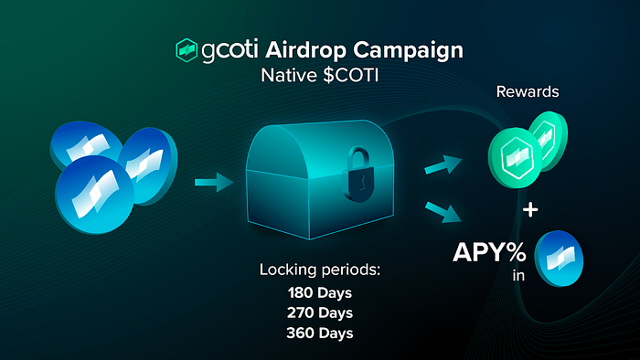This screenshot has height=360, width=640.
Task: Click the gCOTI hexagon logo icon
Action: (187, 50)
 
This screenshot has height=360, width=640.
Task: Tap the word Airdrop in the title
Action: (306, 51)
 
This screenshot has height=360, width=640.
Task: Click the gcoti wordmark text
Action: (229, 51)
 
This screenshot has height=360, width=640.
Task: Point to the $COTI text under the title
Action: (350, 76)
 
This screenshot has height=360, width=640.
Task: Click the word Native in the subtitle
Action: (289, 76)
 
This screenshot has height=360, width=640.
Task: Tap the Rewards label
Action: (528, 91)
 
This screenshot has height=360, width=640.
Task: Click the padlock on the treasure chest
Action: (359, 175)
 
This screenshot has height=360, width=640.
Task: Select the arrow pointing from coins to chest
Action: (214, 182)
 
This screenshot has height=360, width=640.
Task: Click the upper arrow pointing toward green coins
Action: (443, 164)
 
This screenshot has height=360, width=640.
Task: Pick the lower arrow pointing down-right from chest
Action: (443, 212)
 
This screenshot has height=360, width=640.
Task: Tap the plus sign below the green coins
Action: (530, 210)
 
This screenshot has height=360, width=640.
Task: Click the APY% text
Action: (489, 252)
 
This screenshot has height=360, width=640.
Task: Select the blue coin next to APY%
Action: (559, 259)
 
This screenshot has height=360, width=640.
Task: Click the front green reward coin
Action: (515, 158)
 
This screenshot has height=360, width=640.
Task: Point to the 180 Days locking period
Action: (320, 292)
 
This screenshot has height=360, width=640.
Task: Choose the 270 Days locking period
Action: (320, 312)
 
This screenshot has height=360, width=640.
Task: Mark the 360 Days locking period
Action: (320, 334)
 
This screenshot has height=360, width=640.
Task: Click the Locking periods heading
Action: (320, 270)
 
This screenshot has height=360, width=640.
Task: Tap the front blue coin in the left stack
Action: (95, 195)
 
